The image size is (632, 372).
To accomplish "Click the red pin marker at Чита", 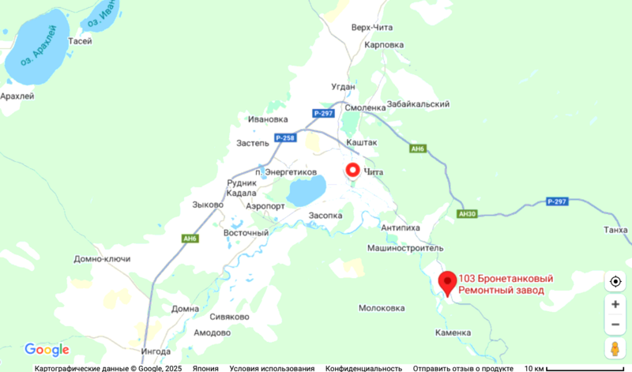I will pos(352,171).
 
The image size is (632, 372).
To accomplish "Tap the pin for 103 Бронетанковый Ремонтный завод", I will pos(448,282).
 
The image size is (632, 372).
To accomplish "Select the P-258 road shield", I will pos(285,138).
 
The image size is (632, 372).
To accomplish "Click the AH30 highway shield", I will pos(468,214).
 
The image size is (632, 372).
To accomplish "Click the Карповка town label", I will pos(385,45).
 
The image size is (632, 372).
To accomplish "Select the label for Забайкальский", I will pos(418,104).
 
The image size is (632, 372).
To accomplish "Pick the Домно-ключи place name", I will pos(102,259).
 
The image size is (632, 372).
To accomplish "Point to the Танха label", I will pos(615,230).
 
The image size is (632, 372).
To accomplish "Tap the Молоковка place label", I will pos(382,308).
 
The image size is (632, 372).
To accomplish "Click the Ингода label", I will pos(155,351).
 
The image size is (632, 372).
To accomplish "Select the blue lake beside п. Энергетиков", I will pos(306,190).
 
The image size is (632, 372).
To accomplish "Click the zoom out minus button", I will pos(615,324).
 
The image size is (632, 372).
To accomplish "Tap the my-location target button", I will pos(615,281).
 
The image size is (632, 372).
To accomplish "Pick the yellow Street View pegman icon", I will pos(615,348).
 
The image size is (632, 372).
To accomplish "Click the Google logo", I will pos(47,350).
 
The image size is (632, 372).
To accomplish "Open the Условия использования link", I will pos(272,368).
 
